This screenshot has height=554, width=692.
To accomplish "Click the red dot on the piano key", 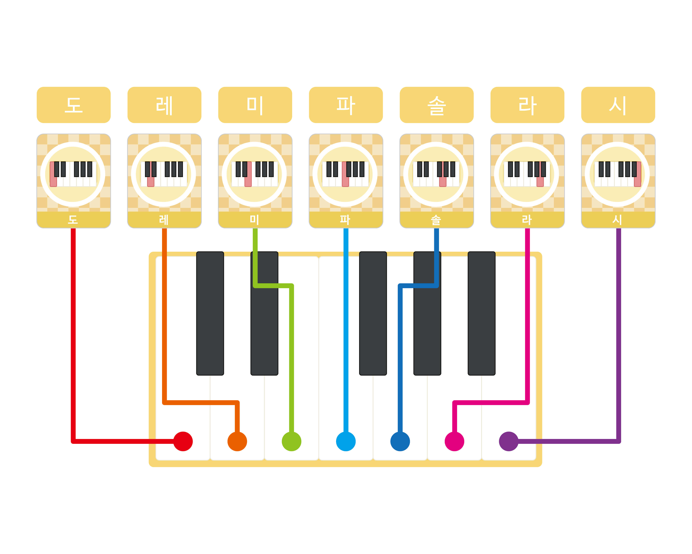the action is (183, 441).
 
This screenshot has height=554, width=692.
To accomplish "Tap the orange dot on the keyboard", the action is (237, 441).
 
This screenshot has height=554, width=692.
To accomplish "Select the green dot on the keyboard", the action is (291, 441).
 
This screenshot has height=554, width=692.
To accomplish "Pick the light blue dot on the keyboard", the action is (346, 441).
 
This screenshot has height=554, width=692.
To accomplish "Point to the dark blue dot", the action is (400, 441).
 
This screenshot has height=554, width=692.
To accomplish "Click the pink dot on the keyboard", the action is (454, 441).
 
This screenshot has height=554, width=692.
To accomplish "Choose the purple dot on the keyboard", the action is (508, 441).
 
